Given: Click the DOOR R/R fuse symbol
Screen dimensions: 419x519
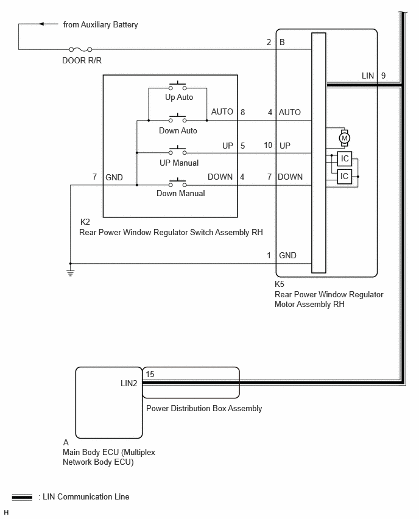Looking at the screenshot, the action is click(x=80, y=50).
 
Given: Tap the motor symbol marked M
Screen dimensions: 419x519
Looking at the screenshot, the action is click(x=345, y=138).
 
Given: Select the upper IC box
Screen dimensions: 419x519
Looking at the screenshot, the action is click(x=345, y=158).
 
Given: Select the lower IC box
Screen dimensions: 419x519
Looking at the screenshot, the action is click(x=345, y=177).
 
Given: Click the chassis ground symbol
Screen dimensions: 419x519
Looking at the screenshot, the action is click(x=70, y=273).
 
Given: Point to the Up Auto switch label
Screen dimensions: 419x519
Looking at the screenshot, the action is click(x=179, y=97).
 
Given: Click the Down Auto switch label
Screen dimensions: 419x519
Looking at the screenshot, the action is click(x=178, y=131).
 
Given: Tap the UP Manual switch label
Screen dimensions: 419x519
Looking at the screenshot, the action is click(x=179, y=163).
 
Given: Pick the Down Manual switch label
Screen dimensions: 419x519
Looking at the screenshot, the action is click(x=181, y=193).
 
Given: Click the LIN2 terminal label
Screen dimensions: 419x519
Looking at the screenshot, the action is click(x=129, y=383).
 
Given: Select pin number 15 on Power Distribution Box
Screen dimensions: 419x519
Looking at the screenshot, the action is click(x=150, y=375).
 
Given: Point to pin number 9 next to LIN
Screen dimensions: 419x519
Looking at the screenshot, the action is click(x=383, y=76).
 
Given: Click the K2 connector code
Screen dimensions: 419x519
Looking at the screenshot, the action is click(x=85, y=222).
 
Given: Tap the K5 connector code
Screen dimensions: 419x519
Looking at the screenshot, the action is click(x=280, y=284).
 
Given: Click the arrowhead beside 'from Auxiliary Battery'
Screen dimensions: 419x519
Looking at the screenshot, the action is click(x=41, y=24).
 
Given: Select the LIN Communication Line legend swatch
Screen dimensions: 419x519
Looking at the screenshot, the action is click(x=22, y=497).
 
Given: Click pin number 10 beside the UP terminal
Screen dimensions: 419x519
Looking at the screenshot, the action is click(x=268, y=146).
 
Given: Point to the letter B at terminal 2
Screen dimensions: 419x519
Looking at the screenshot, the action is click(x=283, y=43).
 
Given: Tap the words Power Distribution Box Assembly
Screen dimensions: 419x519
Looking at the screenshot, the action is click(x=204, y=409).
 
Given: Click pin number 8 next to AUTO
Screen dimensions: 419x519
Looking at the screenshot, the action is click(x=243, y=113).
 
